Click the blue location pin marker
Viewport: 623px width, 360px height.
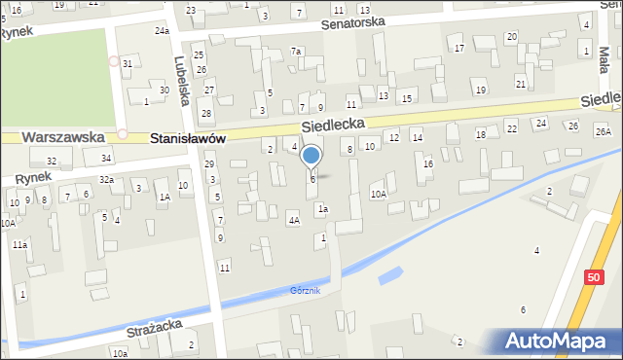coord(311,156)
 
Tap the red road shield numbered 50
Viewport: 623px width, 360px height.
coord(594,277)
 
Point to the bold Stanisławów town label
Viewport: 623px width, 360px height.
coord(189,139)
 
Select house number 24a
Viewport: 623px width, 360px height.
coord(162,31)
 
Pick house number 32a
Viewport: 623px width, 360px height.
coord(107,180)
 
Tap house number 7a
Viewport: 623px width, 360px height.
coord(297,51)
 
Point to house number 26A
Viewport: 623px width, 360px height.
coord(604,131)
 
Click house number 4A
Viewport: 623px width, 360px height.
coord(293,221)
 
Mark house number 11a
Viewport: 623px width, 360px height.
coord(19,245)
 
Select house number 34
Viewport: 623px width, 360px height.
coord(106,158)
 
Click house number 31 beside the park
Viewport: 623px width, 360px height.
coord(128,63)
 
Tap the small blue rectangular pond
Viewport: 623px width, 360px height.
coord(388,275)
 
